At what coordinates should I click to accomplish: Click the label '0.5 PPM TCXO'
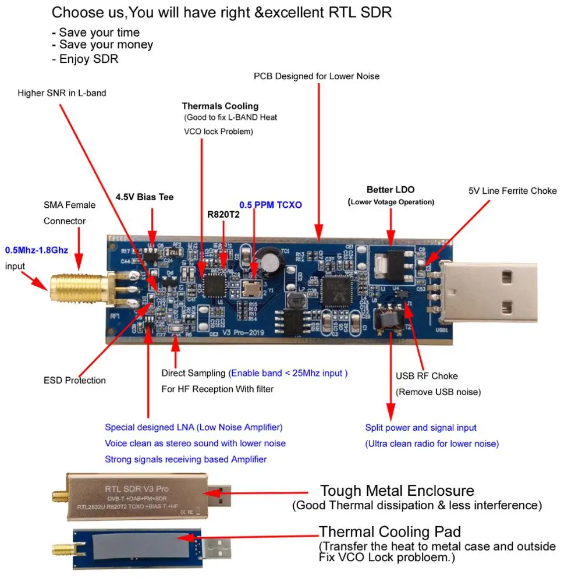coord(271,205)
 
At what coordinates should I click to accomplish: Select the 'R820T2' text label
coord(223,214)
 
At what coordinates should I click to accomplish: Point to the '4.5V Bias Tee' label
coord(144,197)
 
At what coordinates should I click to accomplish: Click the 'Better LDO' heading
coord(391,190)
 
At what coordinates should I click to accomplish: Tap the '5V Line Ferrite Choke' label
coord(512,191)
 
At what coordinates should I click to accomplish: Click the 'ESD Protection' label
coord(74,381)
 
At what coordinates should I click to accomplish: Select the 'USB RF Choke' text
coord(427,376)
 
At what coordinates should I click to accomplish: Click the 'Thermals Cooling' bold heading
coord(220,106)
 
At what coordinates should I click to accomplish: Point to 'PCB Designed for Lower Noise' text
coord(317,76)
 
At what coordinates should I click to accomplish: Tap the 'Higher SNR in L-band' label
coord(62,93)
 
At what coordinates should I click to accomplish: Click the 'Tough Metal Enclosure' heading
coord(397,491)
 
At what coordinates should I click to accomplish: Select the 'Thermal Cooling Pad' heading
coord(389,531)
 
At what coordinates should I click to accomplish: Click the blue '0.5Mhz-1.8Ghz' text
coord(37,251)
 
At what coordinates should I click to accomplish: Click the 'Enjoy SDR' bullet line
coord(88,59)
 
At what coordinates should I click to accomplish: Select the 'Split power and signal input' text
coord(420,428)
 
